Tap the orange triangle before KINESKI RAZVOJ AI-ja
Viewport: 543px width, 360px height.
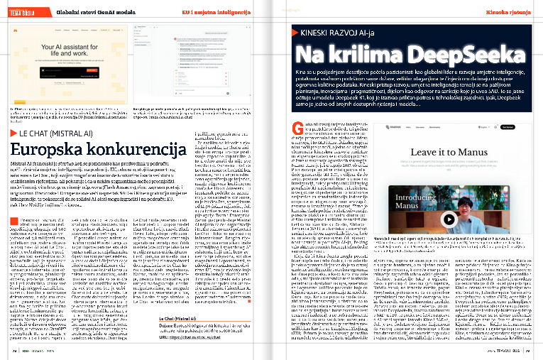tap(295, 33)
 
